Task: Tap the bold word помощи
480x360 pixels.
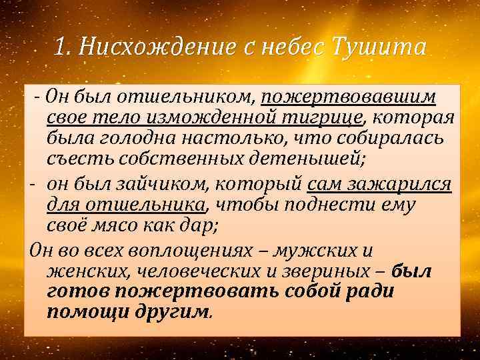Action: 83,313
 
